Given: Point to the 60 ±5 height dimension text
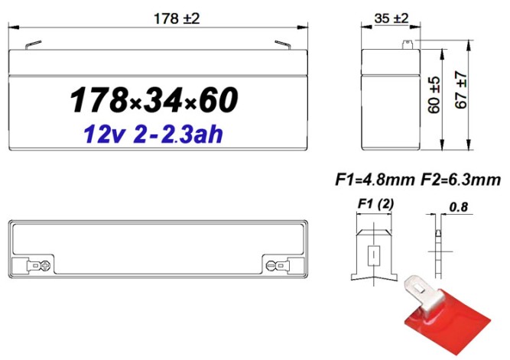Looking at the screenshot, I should [x=434, y=94].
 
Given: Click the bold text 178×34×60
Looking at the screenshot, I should [x=154, y=100].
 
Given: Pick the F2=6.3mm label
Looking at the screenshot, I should [x=461, y=180].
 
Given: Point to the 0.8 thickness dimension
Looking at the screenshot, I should [x=460, y=206].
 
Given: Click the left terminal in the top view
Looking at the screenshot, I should [x=40, y=266].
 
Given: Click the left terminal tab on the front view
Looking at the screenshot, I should [x=31, y=45].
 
